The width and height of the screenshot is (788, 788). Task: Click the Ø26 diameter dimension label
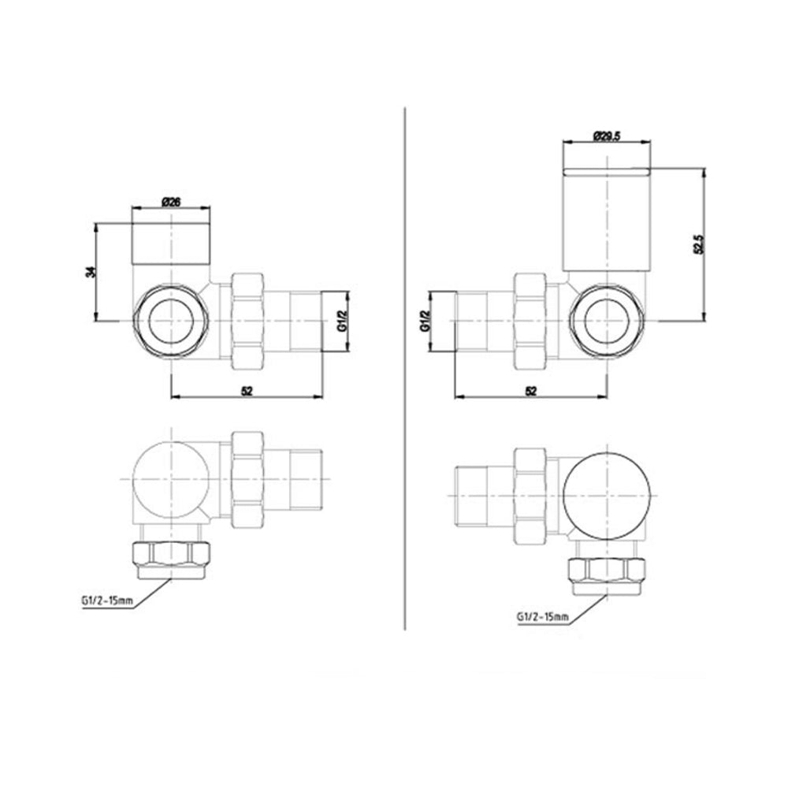tap(171, 202)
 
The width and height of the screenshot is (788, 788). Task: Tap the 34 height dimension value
tap(91, 271)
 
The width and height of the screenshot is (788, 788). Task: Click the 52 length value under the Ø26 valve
tap(247, 390)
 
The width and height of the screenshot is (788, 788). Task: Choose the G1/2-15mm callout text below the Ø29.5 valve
tap(541, 616)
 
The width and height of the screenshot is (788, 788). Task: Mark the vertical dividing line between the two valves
tap(404, 370)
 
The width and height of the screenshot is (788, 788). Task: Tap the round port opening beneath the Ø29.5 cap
tap(608, 322)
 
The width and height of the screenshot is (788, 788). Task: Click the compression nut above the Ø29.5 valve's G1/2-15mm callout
tap(608, 571)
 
